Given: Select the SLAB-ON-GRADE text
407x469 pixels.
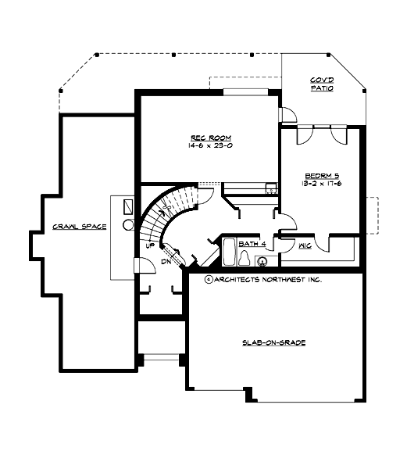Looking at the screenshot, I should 273,343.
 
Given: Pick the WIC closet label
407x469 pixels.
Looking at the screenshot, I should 306,245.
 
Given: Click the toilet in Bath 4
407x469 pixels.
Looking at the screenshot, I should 245,256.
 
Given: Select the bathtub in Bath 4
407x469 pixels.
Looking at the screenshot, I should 230,255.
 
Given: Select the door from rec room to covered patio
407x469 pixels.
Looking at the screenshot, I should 287,115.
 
